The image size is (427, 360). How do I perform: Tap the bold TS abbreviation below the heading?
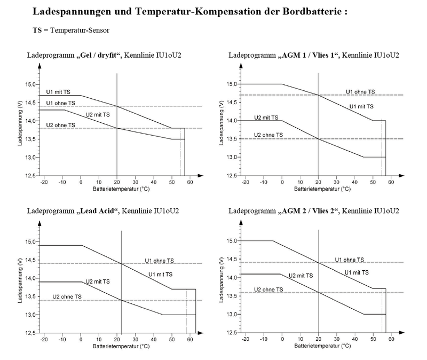point(37,30)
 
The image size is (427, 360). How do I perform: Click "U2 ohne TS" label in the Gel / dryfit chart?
point(60,125)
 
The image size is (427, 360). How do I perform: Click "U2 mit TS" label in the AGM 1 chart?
point(265,118)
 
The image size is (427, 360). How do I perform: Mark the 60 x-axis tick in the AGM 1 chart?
point(391,182)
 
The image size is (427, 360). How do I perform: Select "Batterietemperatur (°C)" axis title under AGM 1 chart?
point(317,189)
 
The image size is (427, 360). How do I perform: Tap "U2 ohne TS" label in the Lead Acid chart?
point(66,296)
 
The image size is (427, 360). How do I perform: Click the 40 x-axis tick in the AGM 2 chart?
point(354,339)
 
